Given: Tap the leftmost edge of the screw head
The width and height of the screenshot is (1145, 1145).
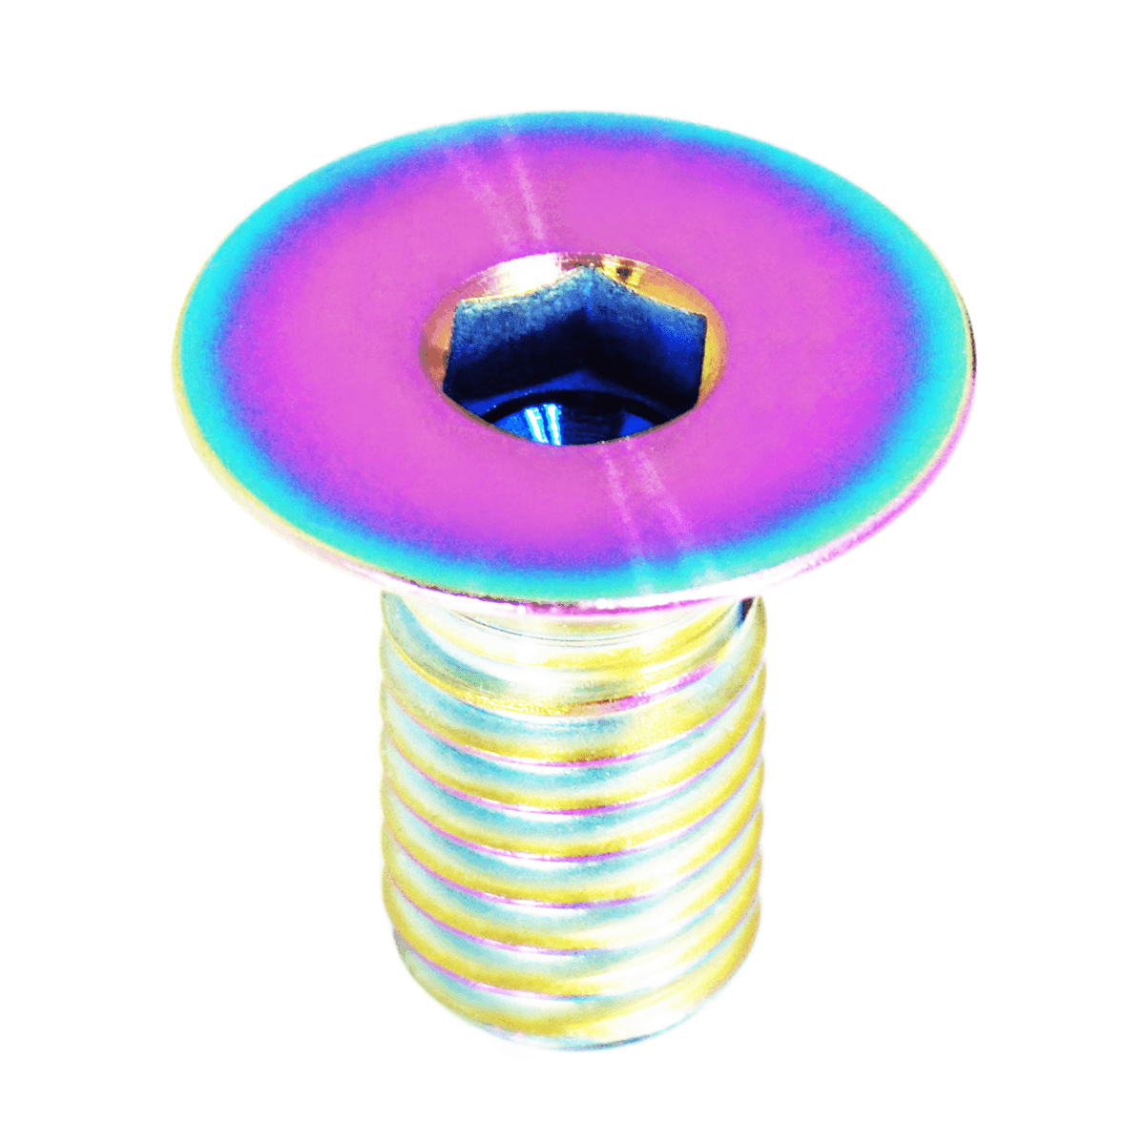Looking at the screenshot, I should (x=177, y=353).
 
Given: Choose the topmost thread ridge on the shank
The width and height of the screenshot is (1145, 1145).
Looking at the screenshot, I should (x=572, y=668).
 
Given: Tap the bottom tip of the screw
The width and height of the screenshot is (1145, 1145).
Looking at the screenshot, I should (x=572, y=1045).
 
